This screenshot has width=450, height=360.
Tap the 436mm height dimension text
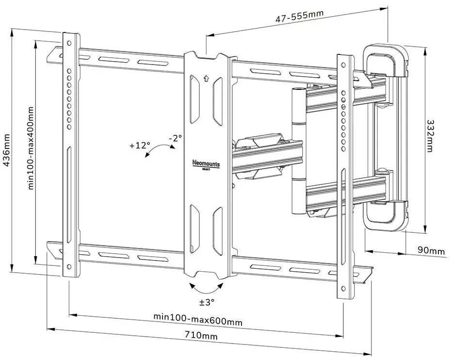tap(7, 151)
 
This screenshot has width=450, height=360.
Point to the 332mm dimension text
tap(429, 135)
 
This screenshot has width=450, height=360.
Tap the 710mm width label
tap(201, 335)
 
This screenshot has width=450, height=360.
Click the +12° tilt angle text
tap(140, 145)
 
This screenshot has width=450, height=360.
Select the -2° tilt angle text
tap(175, 138)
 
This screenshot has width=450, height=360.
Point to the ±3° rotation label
tap(207, 302)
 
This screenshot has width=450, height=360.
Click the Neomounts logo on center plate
tap(206, 164)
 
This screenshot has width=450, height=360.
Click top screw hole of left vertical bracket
tap(69, 43)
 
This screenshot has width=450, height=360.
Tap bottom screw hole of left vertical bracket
tap(69, 266)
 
